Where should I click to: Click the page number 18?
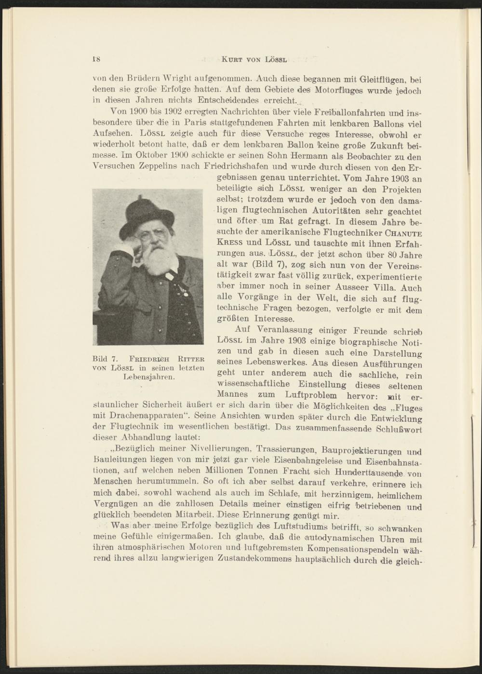[x=95, y=59]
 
